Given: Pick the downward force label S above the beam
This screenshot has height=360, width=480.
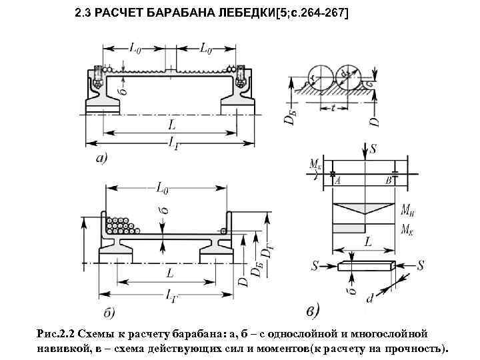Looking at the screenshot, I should pos(373,148).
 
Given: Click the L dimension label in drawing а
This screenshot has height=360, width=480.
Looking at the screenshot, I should pos(173,125).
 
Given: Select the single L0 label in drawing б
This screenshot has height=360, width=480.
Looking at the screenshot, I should pos(163,189).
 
